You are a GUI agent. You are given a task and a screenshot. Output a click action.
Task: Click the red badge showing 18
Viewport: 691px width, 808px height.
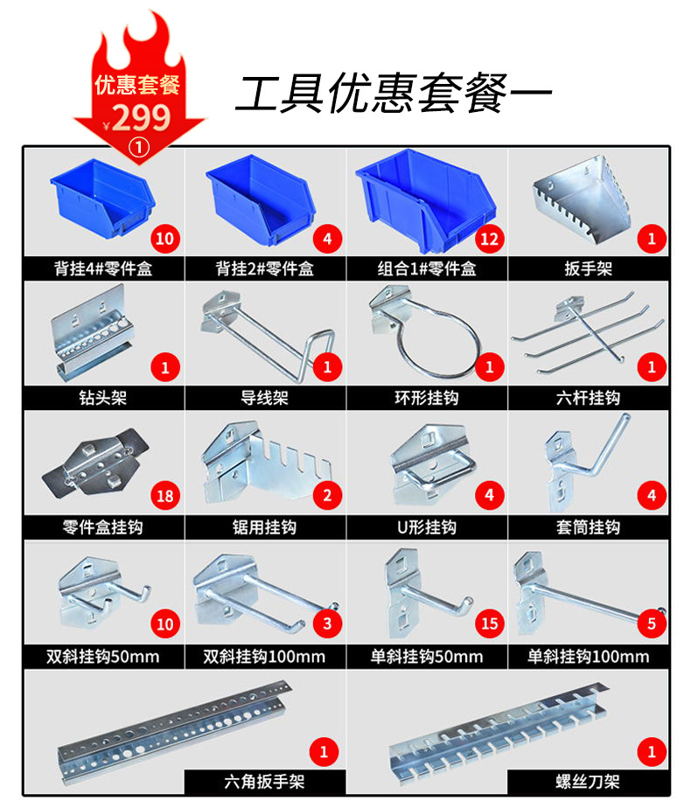(x=165, y=497)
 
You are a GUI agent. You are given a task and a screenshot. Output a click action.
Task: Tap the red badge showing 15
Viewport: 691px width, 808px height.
(x=490, y=623)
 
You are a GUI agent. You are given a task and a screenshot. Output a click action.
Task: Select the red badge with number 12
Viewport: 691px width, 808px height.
(x=490, y=238)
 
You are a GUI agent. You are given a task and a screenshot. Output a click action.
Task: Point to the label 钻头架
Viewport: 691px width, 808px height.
(x=102, y=398)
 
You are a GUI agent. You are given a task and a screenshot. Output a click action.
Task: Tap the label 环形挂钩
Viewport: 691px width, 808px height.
(x=427, y=398)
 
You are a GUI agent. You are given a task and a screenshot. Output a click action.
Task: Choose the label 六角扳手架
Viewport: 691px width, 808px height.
(x=264, y=781)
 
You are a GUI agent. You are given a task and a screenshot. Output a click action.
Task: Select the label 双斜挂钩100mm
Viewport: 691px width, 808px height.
(x=264, y=657)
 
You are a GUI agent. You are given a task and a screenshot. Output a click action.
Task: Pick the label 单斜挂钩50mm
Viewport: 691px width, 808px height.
(x=427, y=657)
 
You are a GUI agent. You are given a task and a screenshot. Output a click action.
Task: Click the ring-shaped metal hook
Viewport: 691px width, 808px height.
(x=429, y=337)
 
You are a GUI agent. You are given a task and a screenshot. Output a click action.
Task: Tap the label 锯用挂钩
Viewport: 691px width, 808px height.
(x=264, y=527)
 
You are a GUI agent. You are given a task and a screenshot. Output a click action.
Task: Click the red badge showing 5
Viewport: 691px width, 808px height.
(x=652, y=623)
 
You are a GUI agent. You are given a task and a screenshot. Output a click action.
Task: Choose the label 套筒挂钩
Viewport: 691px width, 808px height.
(x=589, y=527)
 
